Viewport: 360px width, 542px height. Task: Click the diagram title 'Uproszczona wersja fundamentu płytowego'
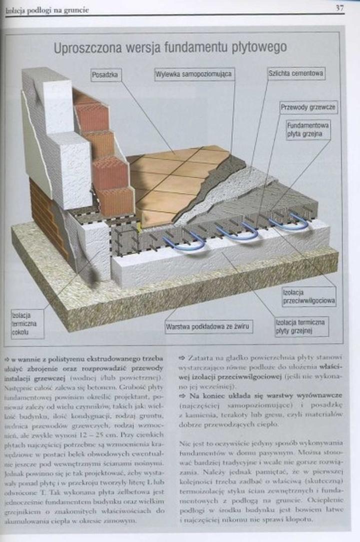tap(170, 47)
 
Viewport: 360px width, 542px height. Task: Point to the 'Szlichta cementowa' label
tap(295, 73)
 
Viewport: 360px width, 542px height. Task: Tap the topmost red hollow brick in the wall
tap(92, 116)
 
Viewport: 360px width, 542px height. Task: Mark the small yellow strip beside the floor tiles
tap(138, 227)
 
